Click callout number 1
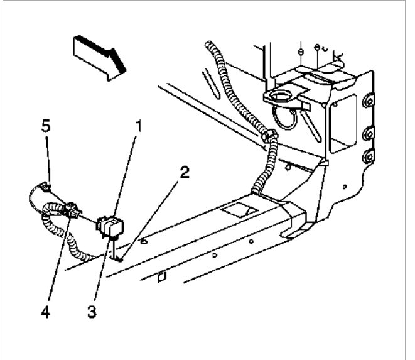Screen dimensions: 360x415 click(x=137, y=126)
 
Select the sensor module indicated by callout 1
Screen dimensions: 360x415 click(x=112, y=225)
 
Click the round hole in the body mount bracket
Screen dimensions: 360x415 click(x=281, y=96)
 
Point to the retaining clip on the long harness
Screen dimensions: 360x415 click(x=268, y=136)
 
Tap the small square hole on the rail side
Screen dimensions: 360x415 click(x=161, y=275)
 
